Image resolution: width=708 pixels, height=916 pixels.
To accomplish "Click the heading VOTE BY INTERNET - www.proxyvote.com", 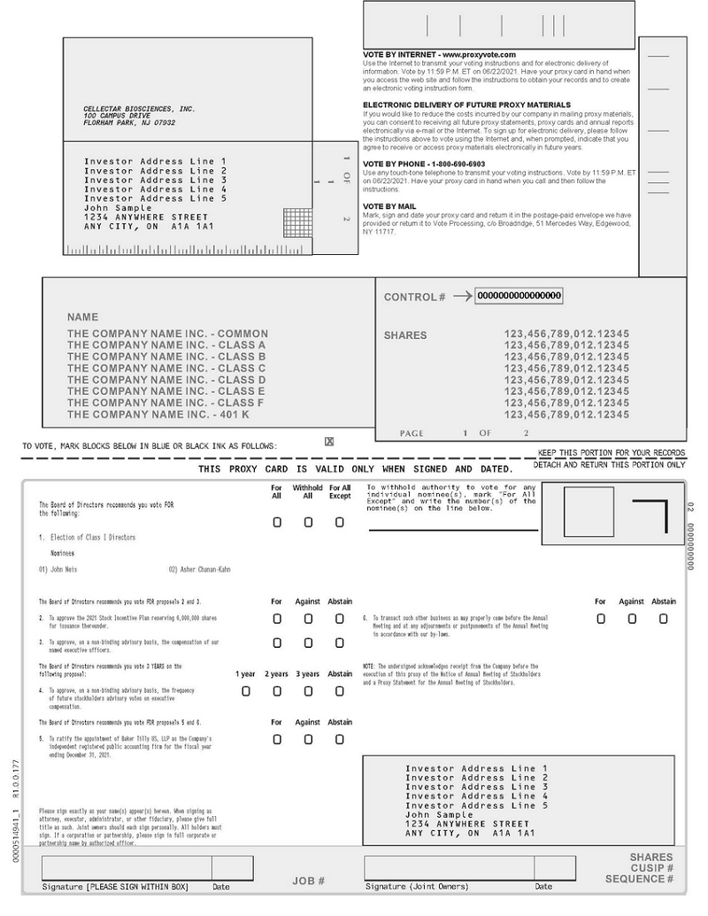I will click(439, 55).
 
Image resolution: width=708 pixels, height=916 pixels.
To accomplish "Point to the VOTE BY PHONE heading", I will click(424, 165).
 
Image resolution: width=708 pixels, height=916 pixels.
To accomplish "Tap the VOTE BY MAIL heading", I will click(389, 206).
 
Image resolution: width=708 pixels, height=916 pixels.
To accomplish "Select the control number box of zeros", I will click(519, 296).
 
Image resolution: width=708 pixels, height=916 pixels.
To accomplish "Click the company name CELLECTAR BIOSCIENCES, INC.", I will click(139, 109).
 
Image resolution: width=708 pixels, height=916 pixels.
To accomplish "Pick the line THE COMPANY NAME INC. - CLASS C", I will click(166, 368).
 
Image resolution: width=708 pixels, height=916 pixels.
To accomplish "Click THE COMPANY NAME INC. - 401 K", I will click(158, 414).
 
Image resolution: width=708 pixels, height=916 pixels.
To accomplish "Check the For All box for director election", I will click(277, 522).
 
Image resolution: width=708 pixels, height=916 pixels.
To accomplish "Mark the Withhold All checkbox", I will click(308, 522).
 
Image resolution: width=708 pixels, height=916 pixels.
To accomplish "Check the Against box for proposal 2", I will click(308, 619).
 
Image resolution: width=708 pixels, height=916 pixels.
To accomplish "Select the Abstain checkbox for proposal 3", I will click(339, 643).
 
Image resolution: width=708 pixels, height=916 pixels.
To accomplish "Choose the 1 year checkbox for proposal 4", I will click(246, 691).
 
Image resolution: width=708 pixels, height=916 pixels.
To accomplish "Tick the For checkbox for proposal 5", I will click(277, 739).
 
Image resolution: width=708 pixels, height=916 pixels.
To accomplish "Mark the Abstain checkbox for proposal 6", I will click(663, 619).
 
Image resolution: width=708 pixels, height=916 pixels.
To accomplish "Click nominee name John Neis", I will click(65, 570).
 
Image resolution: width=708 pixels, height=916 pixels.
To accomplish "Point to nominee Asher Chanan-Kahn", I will click(199, 570).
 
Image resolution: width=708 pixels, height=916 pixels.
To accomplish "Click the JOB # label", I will click(308, 881).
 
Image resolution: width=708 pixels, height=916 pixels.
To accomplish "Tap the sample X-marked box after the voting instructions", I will click(329, 442).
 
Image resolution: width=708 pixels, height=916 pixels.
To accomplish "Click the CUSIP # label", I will click(652, 868).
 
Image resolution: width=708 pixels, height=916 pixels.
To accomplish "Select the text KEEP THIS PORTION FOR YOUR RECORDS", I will click(611, 453).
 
